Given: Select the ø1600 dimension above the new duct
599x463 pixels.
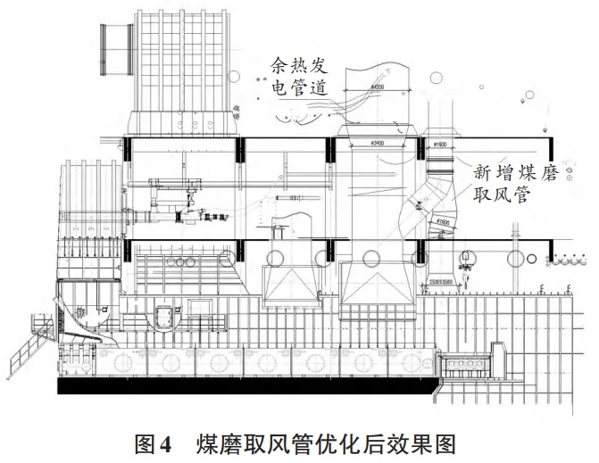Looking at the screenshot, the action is tap(439, 142).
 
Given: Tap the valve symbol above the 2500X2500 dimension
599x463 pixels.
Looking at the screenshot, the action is tap(465, 263).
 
